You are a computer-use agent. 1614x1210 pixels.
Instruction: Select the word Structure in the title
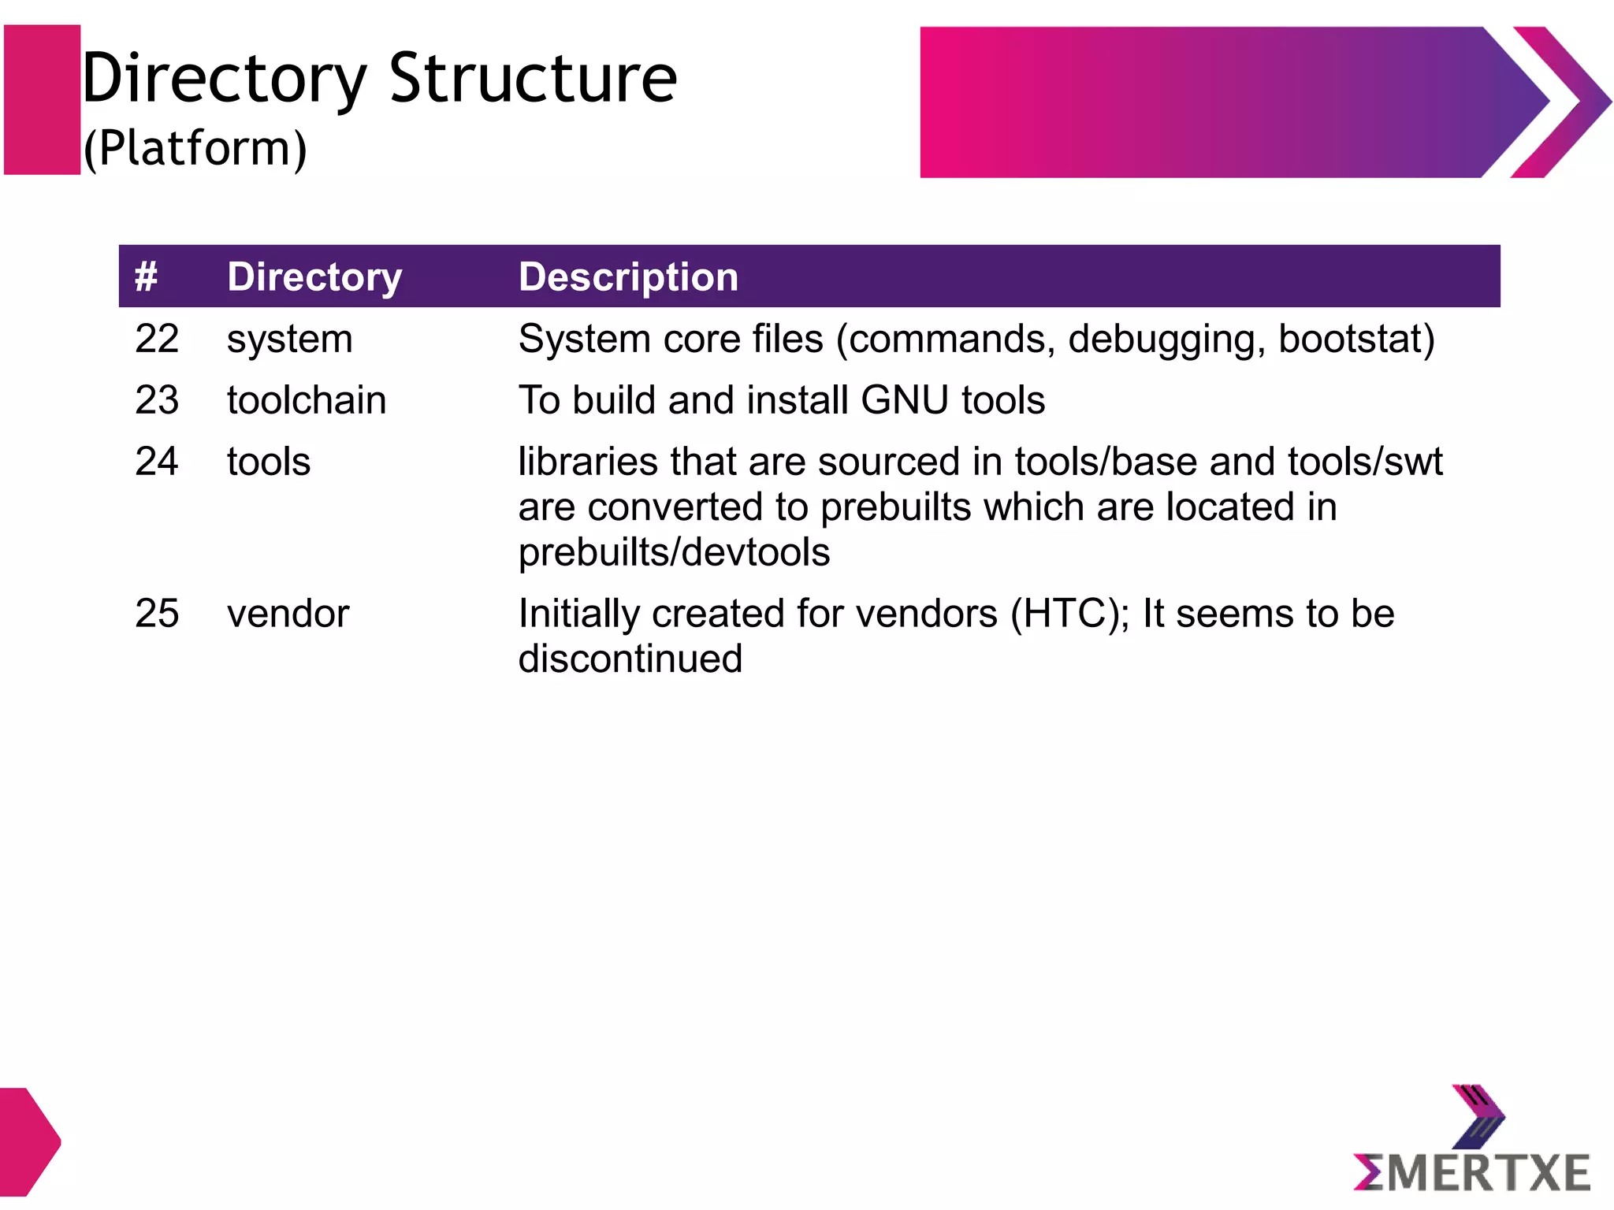[x=533, y=79]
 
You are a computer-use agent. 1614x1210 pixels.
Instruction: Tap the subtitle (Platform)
[x=195, y=148]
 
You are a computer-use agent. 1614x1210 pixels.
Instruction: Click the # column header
[x=146, y=277]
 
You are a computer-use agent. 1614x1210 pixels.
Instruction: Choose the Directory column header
[x=314, y=277]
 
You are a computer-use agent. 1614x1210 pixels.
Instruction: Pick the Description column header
[x=628, y=277]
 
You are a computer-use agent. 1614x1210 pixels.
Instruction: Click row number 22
[x=157, y=339]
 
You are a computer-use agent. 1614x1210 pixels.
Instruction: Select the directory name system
[x=289, y=340]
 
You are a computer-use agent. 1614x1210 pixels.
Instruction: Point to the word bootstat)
[x=1356, y=339]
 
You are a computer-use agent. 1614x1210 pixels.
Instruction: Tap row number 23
[x=157, y=400]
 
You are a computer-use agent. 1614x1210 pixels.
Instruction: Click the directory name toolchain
[x=307, y=400]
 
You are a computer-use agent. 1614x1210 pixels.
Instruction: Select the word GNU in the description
[x=904, y=400]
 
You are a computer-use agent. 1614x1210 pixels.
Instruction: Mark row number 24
[x=157, y=461]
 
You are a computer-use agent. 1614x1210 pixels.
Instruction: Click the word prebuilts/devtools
[x=674, y=552]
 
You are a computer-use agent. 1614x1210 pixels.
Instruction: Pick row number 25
[x=157, y=613]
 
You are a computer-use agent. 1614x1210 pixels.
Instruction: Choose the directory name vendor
[x=288, y=614]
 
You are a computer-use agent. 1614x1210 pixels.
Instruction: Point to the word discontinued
[x=630, y=659]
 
